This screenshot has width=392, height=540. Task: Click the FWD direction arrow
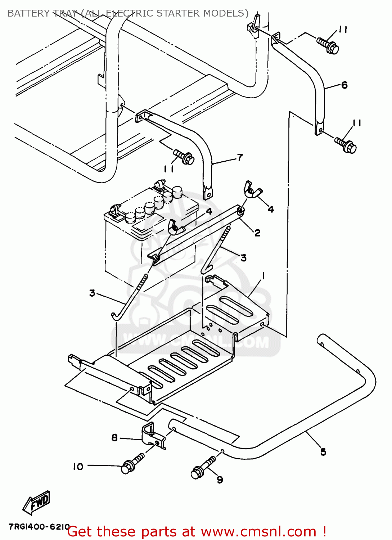coord(37,502)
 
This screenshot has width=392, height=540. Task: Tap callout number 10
coord(78,467)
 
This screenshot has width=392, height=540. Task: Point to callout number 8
coord(114,437)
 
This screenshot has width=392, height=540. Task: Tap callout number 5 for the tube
coord(323,452)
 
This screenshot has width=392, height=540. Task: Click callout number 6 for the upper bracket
coord(344,85)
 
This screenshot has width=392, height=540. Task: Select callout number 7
coord(240,157)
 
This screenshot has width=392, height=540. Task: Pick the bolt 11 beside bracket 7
coord(184,157)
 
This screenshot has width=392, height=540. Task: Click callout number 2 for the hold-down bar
coord(257,233)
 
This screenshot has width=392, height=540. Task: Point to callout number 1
coord(263,276)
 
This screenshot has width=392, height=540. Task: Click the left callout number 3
coord(92,293)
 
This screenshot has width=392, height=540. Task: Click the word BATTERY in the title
coord(28,13)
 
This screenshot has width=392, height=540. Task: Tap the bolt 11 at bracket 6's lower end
coord(346,144)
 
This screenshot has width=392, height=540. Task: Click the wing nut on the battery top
coord(175,228)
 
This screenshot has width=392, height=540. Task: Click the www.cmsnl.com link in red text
coord(258,532)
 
